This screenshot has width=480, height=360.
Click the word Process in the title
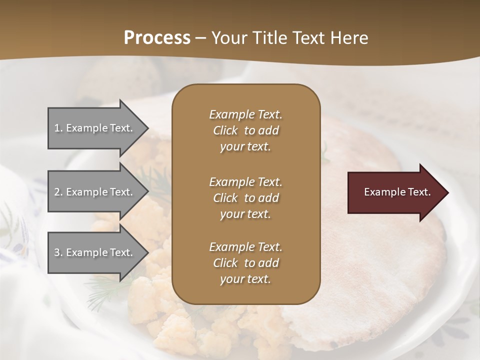tap(157, 38)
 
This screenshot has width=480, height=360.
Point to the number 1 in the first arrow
tap(57, 128)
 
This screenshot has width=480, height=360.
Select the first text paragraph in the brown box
tap(245, 130)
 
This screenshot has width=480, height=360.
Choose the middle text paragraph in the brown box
tap(245, 197)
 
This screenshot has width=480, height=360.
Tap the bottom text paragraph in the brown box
tap(245, 263)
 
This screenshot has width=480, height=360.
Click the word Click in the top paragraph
tap(225, 130)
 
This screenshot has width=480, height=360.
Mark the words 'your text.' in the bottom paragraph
tap(245, 279)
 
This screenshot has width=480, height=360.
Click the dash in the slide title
tap(201, 38)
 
